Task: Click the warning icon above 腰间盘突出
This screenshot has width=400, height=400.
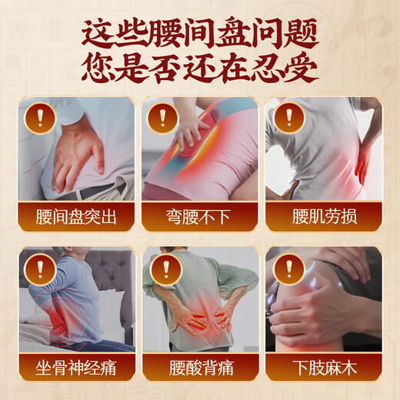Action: click(36, 117)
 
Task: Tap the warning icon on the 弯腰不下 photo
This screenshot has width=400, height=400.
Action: click(162, 117)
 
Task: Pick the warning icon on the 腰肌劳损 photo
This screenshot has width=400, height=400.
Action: click(286, 117)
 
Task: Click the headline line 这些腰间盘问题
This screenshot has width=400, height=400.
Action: click(199, 32)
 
